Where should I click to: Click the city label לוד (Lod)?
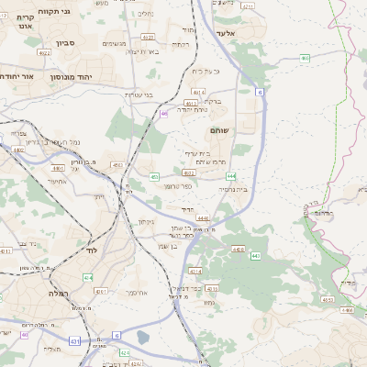(x=91, y=250)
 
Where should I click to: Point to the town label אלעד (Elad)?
(x=225, y=33)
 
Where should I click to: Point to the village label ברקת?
(x=212, y=101)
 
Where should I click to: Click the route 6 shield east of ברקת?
(x=261, y=93)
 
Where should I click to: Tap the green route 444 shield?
(x=231, y=174)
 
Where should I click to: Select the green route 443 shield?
(x=254, y=256)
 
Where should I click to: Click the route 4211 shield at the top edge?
(x=248, y=6)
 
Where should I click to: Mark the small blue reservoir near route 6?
(x=143, y=338)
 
